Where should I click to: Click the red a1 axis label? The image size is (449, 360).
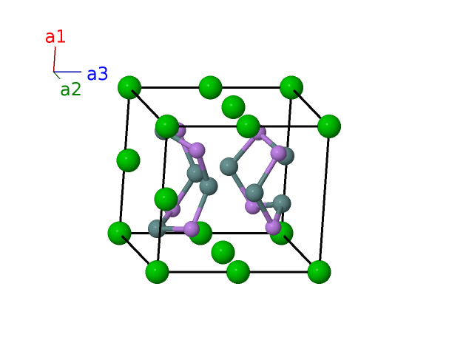click(55, 36)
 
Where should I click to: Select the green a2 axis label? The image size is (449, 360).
click(70, 90)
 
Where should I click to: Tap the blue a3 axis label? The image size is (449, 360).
click(97, 74)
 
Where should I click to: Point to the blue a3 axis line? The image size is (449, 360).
click(67, 72)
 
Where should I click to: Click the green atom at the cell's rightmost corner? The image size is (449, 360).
click(328, 126)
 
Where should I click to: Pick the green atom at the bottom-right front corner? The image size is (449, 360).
click(319, 271)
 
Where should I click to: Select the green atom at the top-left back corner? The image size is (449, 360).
click(129, 87)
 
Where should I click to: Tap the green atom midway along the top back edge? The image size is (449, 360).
click(211, 87)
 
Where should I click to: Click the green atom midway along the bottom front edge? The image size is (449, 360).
click(237, 271)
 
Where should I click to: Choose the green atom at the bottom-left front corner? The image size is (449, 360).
click(157, 271)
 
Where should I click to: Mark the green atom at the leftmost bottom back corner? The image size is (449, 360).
click(119, 233)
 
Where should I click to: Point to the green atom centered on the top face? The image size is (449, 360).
click(233, 106)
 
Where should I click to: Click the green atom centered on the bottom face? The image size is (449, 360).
click(223, 252)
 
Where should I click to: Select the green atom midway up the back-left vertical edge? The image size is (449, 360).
click(128, 160)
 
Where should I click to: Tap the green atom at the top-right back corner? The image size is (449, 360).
click(291, 87)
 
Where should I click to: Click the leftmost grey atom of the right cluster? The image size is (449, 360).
click(229, 166)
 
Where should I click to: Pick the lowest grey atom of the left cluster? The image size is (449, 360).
click(157, 228)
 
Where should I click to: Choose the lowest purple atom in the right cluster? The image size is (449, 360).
click(273, 226)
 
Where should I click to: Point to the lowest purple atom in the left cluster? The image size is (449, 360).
click(195, 229)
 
